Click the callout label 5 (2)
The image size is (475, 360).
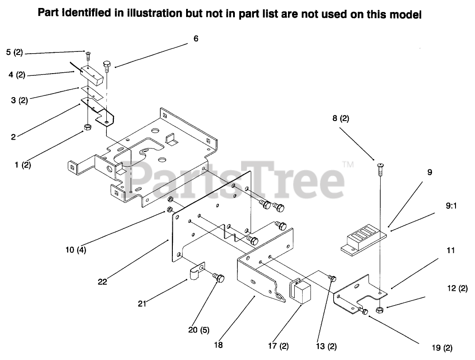point(14,52)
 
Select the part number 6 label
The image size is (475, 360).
point(196,39)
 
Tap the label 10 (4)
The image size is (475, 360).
point(76,250)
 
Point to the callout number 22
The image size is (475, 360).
point(102,282)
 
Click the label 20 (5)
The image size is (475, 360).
point(199,330)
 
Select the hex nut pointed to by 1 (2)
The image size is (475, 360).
point(87,128)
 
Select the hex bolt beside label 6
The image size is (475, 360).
point(107,67)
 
